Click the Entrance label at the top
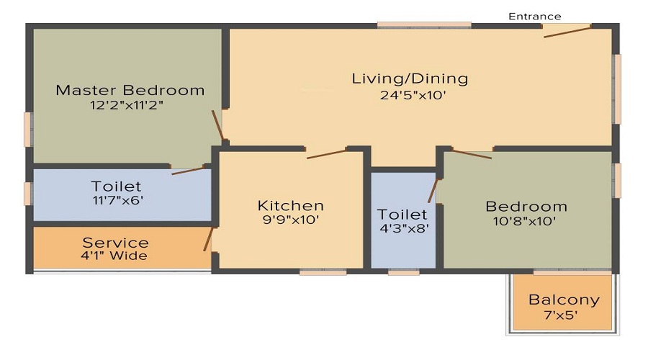(534, 16)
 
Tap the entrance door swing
(567, 31)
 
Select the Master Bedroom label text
(130, 91)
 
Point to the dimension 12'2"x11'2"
(130, 104)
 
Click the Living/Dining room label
(410, 78)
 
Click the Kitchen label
(291, 206)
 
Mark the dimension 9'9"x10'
(291, 220)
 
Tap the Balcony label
(564, 300)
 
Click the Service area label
(115, 243)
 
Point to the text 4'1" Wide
(115, 256)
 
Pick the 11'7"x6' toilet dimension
(116, 200)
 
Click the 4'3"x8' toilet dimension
(403, 228)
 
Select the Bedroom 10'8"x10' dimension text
(526, 221)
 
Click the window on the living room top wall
(424, 25)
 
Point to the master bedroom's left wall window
(28, 130)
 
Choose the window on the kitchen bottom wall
(323, 272)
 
